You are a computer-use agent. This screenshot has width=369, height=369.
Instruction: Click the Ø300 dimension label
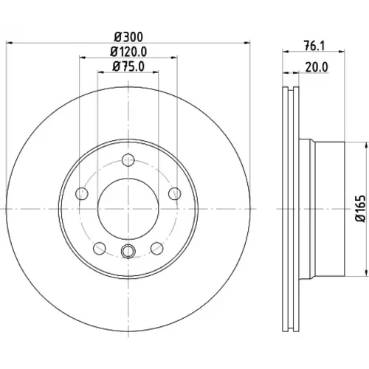[128, 37]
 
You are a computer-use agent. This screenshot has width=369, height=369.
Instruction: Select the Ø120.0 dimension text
[128, 52]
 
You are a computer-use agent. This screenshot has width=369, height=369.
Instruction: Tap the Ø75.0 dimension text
[128, 66]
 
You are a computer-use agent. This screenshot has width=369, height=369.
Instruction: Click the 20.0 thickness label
[317, 67]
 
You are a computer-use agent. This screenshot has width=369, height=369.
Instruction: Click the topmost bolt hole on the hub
[128, 160]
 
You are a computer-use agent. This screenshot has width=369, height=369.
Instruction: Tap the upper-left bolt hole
[82, 193]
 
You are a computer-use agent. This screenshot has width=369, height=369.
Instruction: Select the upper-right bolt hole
[175, 193]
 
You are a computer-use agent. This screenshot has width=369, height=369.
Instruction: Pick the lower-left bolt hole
[100, 248]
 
